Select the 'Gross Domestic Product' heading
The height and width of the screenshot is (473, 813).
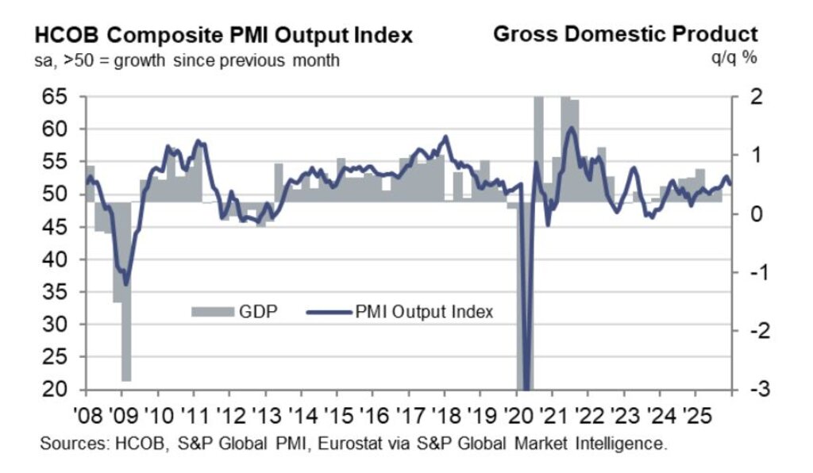click(626, 35)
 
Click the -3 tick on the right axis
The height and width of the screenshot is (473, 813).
click(750, 390)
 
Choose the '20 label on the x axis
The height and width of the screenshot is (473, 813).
click(517, 417)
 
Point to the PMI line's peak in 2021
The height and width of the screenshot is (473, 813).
click(571, 128)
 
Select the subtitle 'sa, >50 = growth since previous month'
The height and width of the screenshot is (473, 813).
click(187, 60)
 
